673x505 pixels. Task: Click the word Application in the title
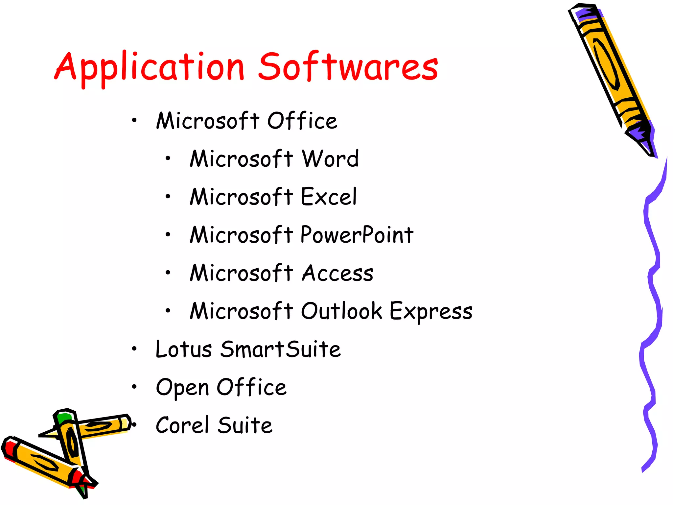tap(150, 67)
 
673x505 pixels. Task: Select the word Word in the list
tap(330, 159)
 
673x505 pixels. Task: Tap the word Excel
tap(329, 197)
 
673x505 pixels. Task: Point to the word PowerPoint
tap(357, 235)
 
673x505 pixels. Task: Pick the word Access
tap(337, 273)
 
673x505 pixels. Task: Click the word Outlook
tap(341, 311)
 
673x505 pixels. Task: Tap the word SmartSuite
tap(280, 349)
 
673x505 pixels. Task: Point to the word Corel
tap(182, 425)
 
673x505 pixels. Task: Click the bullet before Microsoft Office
tap(134, 121)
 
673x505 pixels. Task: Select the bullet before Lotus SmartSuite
tap(134, 349)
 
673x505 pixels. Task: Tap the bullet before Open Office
tap(134, 387)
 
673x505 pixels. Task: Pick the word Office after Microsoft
tap(302, 121)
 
